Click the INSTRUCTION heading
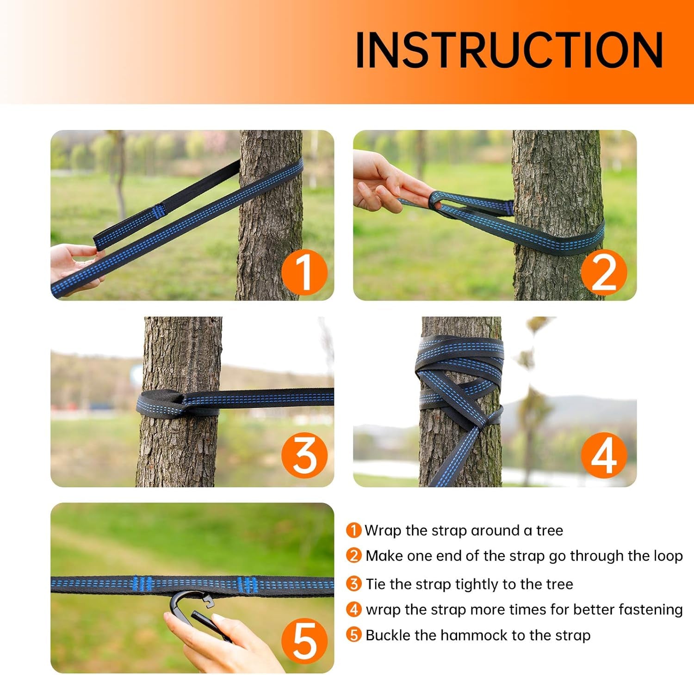(x=509, y=50)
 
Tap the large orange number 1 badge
(x=304, y=272)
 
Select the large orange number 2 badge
(x=604, y=272)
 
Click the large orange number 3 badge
(x=304, y=455)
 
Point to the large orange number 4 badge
(x=604, y=455)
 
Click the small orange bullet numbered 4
(x=354, y=609)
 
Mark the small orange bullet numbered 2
(x=354, y=555)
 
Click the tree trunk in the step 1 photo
(x=271, y=215)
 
